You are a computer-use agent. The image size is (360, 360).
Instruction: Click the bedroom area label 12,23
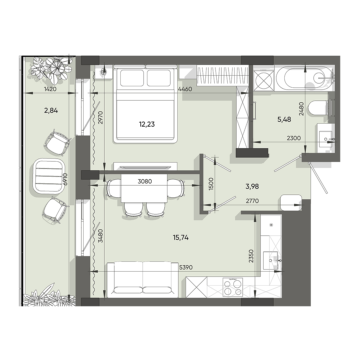point(147,124)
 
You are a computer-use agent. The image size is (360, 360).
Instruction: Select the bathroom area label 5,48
point(284,119)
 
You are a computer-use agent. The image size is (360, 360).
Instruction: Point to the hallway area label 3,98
point(252,186)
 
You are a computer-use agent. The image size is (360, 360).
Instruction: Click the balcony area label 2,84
point(51,110)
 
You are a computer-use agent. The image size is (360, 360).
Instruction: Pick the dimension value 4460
point(185,89)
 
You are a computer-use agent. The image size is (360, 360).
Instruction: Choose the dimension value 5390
point(186,267)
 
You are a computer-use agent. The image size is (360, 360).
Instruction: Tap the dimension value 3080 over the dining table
point(144,182)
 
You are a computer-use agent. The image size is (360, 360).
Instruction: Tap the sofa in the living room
point(143,278)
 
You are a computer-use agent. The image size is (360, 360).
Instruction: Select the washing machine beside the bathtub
point(264,80)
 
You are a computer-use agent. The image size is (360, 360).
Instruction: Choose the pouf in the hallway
point(291,202)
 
